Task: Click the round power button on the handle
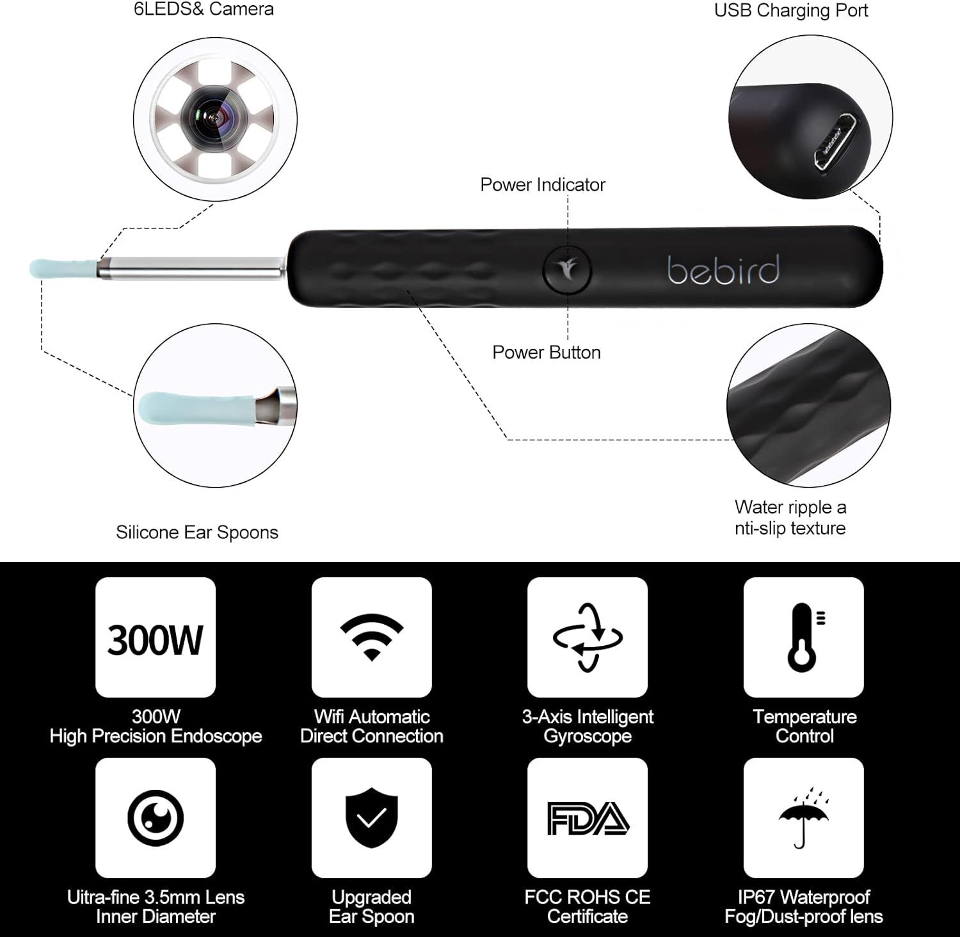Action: click(567, 269)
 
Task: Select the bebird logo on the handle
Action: click(723, 269)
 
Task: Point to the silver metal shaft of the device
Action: click(191, 268)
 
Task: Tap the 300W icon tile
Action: click(156, 637)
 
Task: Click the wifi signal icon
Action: click(372, 637)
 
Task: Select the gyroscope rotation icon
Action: click(588, 637)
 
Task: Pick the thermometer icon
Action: click(805, 637)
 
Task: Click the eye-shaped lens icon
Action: click(156, 818)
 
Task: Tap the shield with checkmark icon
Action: click(372, 819)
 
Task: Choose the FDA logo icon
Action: click(588, 819)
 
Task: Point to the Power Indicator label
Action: click(543, 185)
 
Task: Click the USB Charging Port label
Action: click(791, 11)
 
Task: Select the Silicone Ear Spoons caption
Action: click(197, 533)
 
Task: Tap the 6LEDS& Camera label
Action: click(204, 10)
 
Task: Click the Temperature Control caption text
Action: click(804, 726)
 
